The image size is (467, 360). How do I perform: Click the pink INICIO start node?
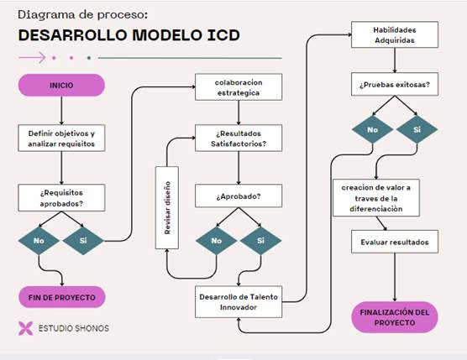pyautogui.click(x=61, y=85)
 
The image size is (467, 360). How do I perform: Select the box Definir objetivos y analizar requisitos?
pyautogui.click(x=61, y=138)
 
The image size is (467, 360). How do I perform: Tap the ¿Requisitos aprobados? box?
pyautogui.click(x=61, y=198)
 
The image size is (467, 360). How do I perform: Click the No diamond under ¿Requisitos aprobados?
pyautogui.click(x=39, y=241)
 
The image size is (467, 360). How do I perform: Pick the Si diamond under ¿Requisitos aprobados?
pyautogui.click(x=83, y=241)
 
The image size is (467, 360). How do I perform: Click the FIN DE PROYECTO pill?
pyautogui.click(x=61, y=297)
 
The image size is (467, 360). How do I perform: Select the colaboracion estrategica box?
pyautogui.click(x=239, y=87)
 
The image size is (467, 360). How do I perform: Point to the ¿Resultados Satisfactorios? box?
pyautogui.click(x=239, y=138)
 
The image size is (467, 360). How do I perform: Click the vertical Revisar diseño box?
pyautogui.click(x=167, y=207)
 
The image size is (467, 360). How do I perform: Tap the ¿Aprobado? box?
pyautogui.click(x=239, y=196)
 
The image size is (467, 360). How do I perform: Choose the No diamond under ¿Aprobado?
pyautogui.click(x=216, y=241)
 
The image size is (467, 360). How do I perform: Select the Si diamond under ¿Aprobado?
pyautogui.click(x=260, y=241)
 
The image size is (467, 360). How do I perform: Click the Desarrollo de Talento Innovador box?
pyautogui.click(x=239, y=302)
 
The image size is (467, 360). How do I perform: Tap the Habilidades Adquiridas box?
pyautogui.click(x=395, y=34)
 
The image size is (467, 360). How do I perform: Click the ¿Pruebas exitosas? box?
pyautogui.click(x=395, y=84)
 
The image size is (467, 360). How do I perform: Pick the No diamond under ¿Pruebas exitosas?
pyautogui.click(x=372, y=130)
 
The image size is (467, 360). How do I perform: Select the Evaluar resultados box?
pyautogui.click(x=395, y=242)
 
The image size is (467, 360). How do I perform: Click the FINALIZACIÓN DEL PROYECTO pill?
pyautogui.click(x=395, y=317)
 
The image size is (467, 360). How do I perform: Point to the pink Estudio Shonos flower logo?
pyautogui.click(x=25, y=328)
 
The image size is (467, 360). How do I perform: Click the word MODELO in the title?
pyautogui.click(x=167, y=34)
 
